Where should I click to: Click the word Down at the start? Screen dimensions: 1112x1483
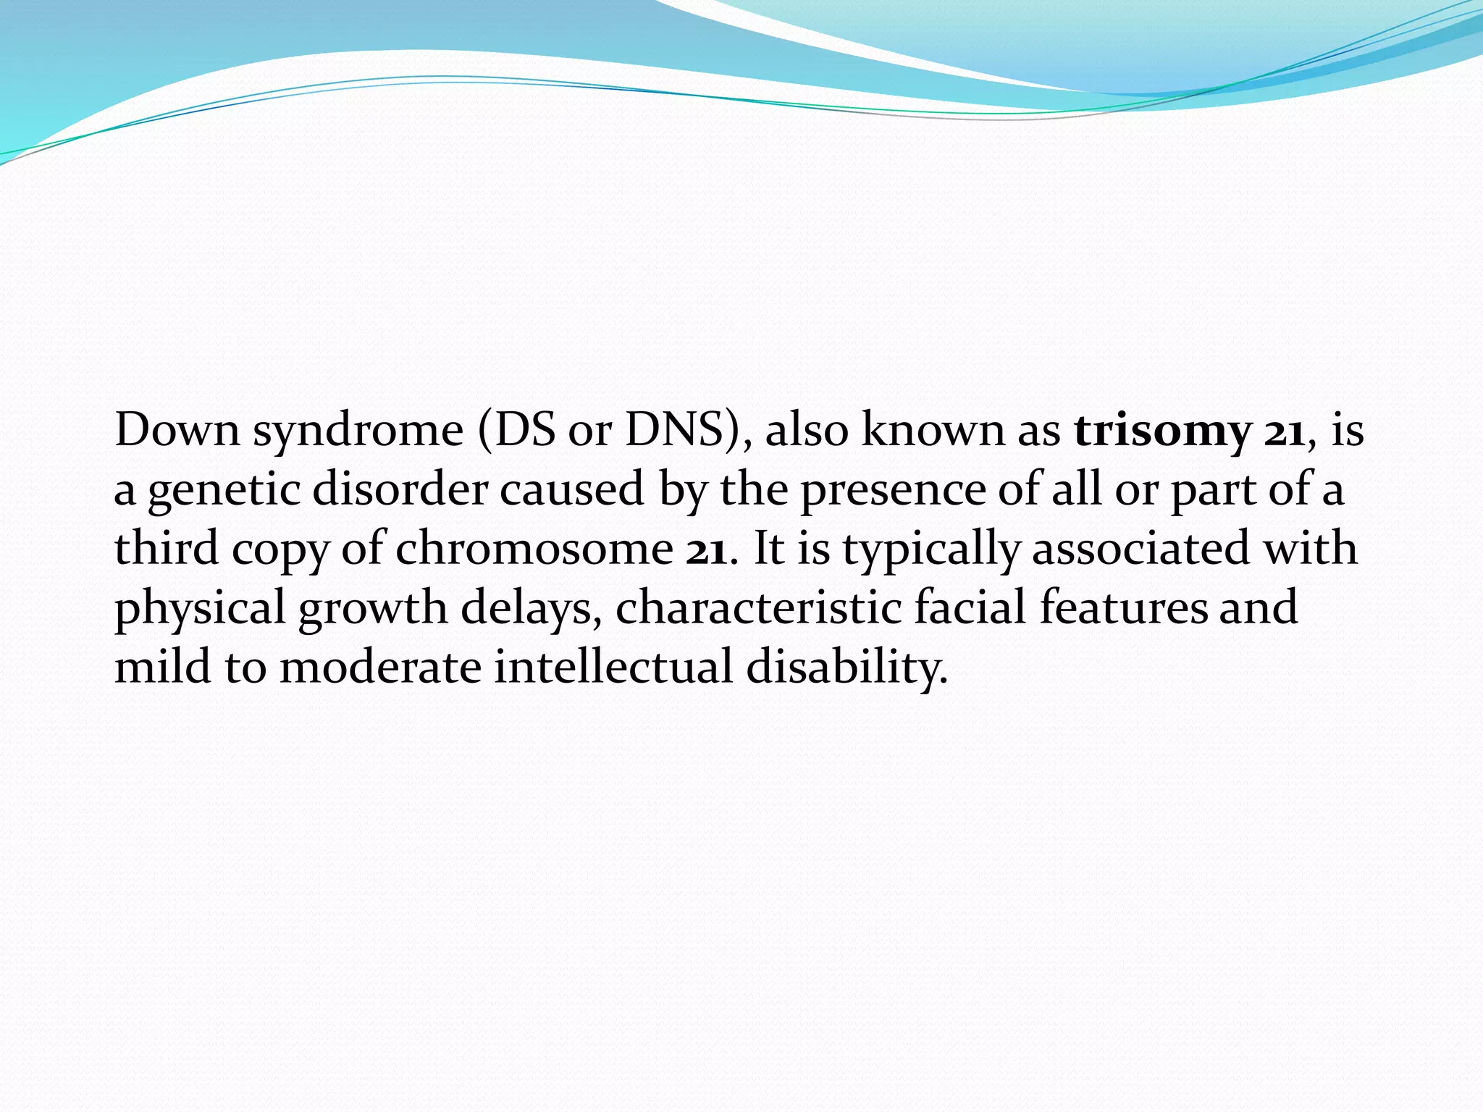pos(177,430)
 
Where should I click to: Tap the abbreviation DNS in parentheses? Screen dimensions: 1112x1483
pos(673,430)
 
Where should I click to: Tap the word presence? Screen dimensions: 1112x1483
pos(892,490)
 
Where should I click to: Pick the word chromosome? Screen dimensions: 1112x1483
pos(534,549)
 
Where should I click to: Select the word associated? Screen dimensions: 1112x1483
pos(1140,549)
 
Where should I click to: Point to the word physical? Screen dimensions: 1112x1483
pos(200,608)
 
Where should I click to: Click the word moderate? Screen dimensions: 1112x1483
pos(380,666)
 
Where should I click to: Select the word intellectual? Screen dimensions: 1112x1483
pos(613,666)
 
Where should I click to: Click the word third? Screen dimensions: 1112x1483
pos(167,547)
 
